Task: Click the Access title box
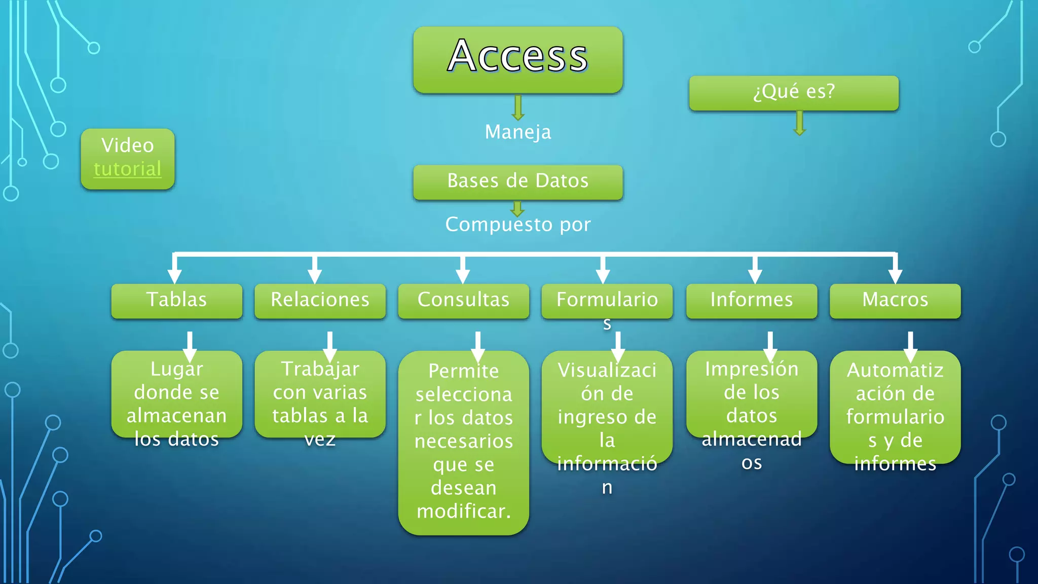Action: [x=517, y=59]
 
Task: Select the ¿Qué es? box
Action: [x=794, y=92]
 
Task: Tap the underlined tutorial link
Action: [x=128, y=169]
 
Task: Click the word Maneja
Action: [x=517, y=132]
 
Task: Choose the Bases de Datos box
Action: [x=517, y=181]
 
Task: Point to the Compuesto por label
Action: [x=517, y=225]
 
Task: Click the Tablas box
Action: [x=176, y=300]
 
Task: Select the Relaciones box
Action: [x=320, y=300]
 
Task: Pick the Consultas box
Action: [x=463, y=300]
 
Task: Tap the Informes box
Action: [x=751, y=300]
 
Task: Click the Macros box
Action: [x=895, y=300]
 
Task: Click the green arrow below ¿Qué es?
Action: [x=799, y=124]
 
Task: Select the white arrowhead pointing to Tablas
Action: [x=174, y=275]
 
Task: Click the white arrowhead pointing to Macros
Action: [x=895, y=275]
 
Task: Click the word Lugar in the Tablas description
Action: [x=176, y=369]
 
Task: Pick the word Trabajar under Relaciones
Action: [x=320, y=369]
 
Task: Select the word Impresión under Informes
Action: [x=751, y=369]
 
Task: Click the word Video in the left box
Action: [x=128, y=145]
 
